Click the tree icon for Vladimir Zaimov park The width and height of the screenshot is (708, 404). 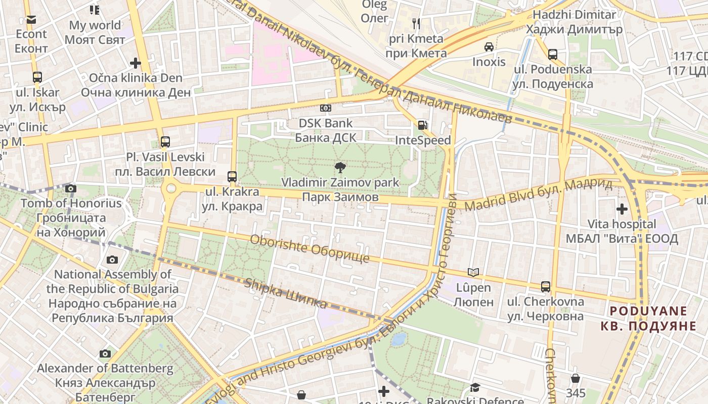click(340, 167)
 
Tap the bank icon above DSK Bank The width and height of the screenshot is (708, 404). click(326, 108)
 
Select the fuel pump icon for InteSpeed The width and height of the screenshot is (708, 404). click(422, 125)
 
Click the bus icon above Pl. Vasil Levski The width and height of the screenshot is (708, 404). click(165, 141)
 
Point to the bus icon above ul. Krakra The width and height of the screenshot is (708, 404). click(232, 176)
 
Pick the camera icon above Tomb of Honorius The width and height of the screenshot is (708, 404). click(71, 189)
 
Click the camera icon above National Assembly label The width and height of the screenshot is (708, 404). click(112, 260)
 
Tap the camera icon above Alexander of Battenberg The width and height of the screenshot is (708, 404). click(105, 353)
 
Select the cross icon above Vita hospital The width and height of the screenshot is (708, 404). click(622, 209)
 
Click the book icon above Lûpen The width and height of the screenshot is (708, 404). click(473, 273)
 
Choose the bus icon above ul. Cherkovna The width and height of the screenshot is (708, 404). click(546, 286)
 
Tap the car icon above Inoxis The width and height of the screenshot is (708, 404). click(489, 47)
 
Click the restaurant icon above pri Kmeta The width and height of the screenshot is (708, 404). click(416, 23)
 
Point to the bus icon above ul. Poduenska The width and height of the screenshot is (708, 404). click(553, 54)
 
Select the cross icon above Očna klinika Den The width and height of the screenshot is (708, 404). click(135, 63)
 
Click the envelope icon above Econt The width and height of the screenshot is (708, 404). click(31, 20)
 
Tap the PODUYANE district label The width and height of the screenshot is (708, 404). click(648, 318)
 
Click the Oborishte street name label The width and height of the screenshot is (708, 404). click(309, 248)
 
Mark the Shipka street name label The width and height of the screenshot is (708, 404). click(286, 292)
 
